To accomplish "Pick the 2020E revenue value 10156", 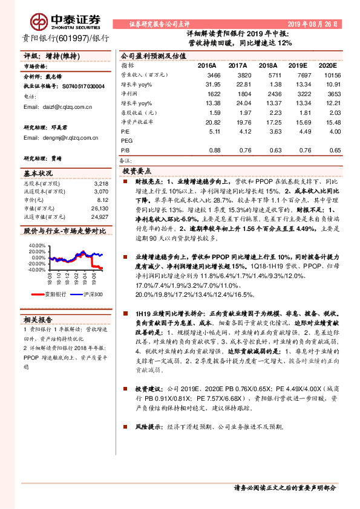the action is [326, 74].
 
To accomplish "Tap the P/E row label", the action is [126, 131].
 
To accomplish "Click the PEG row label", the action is [128, 140].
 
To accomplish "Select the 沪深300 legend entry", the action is [90, 294].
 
